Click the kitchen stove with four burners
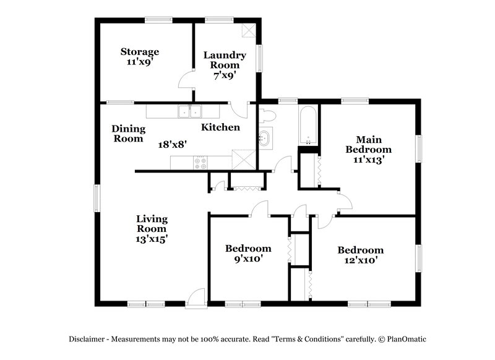click(x=201, y=164)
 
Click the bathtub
click(x=308, y=125)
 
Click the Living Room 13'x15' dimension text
click(x=152, y=238)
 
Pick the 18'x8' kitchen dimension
click(x=173, y=144)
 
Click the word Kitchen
click(x=220, y=127)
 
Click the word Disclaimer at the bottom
click(x=86, y=339)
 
